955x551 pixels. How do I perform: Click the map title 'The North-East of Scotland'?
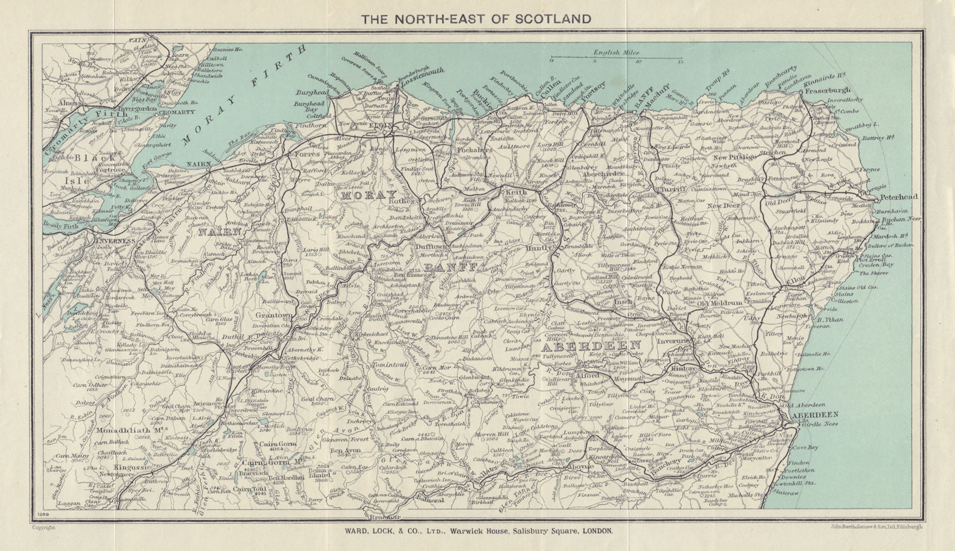click(x=476, y=18)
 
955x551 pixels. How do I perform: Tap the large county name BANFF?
click(x=450, y=268)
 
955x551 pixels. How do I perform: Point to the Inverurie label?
click(x=673, y=342)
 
